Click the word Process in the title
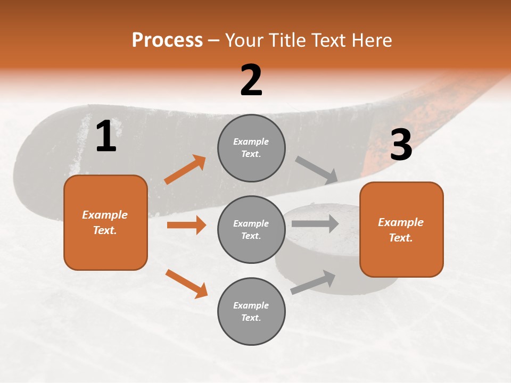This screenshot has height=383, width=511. [x=167, y=40]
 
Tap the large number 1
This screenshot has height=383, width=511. [x=106, y=136]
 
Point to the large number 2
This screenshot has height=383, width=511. [x=251, y=80]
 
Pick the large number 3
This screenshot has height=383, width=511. [x=401, y=145]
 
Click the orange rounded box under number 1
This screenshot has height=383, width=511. [x=105, y=222]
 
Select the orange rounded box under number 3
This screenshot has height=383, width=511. [x=401, y=229]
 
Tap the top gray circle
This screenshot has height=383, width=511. [x=251, y=148]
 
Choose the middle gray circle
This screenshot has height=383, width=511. [x=251, y=229]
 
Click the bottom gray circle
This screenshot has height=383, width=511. [x=251, y=311]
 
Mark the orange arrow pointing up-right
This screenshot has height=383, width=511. [x=185, y=170]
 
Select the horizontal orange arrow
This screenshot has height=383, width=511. [x=186, y=225]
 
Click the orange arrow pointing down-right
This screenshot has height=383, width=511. [x=186, y=284]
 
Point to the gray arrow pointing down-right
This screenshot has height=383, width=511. [x=317, y=170]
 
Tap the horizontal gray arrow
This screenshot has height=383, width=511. [x=315, y=223]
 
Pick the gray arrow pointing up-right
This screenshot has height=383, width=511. [x=313, y=282]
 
